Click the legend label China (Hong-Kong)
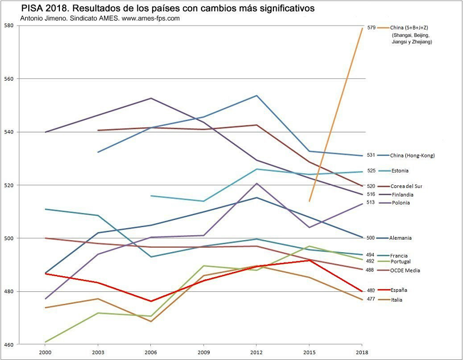point(413,156)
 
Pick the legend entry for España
point(400,290)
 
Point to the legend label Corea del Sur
point(406,186)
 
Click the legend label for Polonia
point(400,203)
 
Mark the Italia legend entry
point(398,300)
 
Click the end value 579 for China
point(371,28)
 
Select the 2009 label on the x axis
point(203,353)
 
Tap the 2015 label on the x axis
point(309,353)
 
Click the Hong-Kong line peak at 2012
point(256,96)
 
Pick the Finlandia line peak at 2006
point(150,98)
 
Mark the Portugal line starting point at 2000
point(45,342)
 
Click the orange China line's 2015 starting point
point(309,202)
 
